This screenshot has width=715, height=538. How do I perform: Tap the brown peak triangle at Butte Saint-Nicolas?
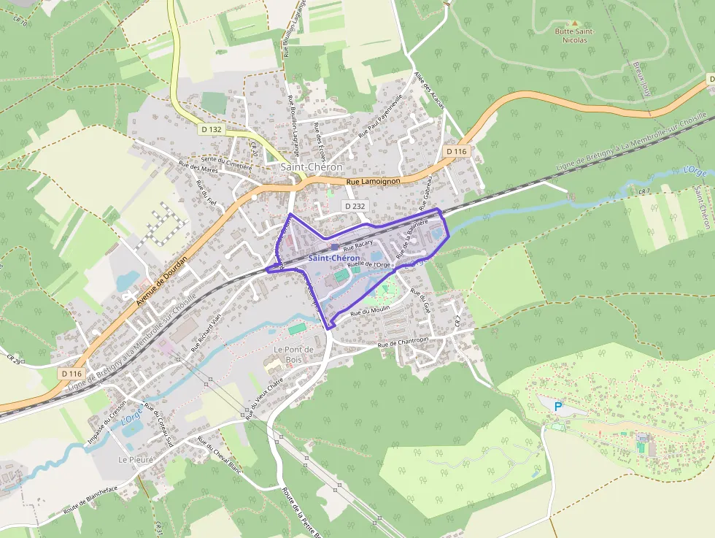(574, 23)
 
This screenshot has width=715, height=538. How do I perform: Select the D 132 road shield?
(211, 129)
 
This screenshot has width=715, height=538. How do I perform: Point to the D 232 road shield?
(354, 206)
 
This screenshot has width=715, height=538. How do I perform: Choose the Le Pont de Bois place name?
(293, 354)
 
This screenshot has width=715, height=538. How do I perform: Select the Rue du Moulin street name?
(371, 311)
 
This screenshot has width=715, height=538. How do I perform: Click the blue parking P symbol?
(559, 407)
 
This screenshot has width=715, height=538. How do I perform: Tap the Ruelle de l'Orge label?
(368, 264)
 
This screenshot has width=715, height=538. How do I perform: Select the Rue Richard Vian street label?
(206, 334)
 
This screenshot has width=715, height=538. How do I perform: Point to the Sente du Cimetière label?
(226, 163)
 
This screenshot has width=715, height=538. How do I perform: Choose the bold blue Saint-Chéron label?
(333, 258)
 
